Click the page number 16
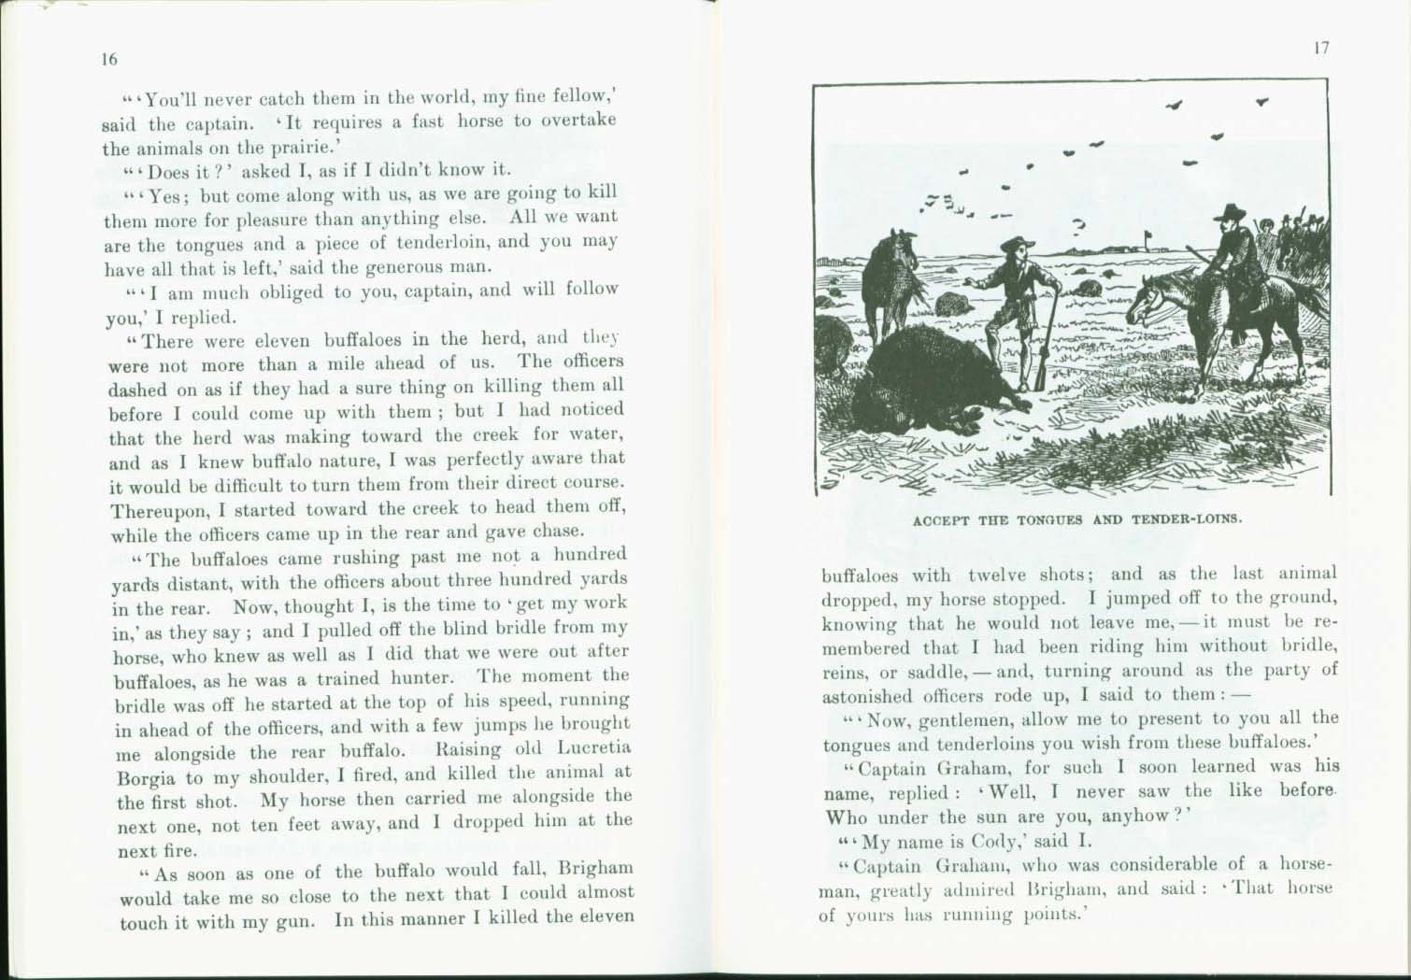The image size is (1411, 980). [109, 59]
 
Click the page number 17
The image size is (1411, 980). [1321, 49]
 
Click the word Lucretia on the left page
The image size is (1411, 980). [593, 748]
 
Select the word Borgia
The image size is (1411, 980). [148, 777]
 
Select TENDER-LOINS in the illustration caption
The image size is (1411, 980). [1187, 518]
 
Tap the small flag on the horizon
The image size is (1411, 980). [1148, 235]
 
